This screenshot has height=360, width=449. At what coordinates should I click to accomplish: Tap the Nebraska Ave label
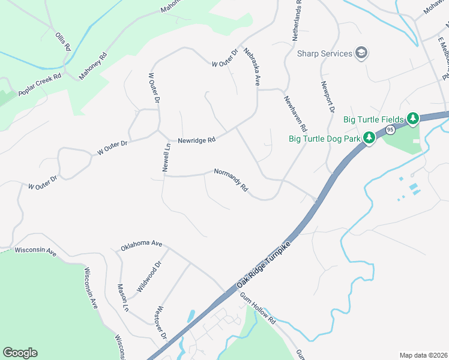[x=251, y=68]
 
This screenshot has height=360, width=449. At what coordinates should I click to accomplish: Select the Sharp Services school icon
[x=361, y=53]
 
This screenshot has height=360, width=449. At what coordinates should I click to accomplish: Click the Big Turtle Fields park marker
[x=413, y=119]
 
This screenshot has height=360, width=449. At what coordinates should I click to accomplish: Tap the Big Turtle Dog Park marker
[x=370, y=139]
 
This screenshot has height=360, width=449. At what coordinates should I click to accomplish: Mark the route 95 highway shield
[x=390, y=130]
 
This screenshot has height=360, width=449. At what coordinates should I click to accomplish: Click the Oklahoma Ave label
[x=142, y=245]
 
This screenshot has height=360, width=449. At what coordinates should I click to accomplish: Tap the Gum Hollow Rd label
[x=258, y=308]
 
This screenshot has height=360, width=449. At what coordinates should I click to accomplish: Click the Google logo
[x=20, y=353]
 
